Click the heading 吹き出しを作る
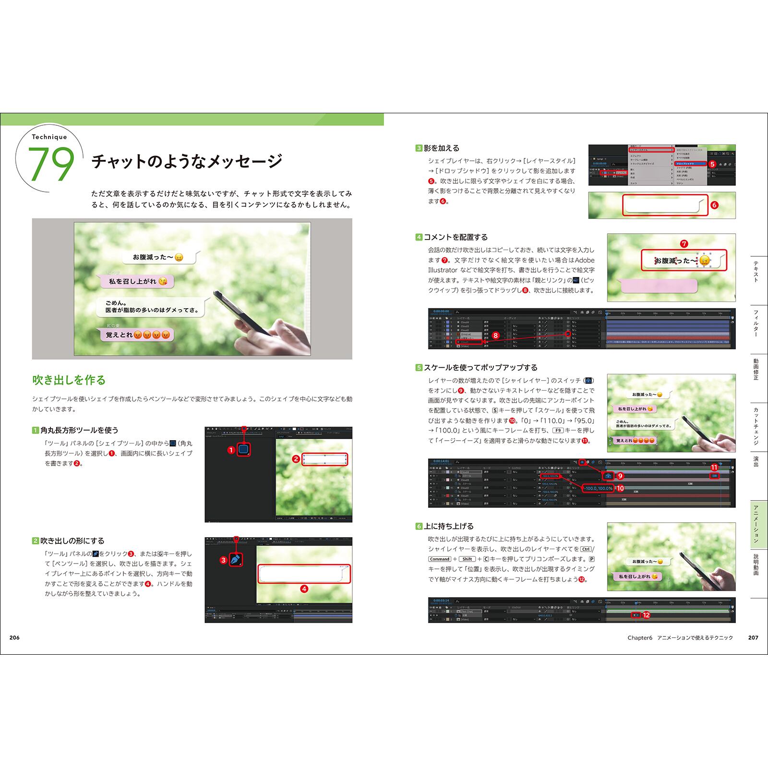pos(69,380)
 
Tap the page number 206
pos(14,637)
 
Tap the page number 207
pos(753,637)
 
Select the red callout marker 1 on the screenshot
pos(231,450)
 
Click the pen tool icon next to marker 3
pos(236,560)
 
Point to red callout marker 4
pos(304,589)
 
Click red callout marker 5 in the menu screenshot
pos(712,164)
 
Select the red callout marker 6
pos(714,205)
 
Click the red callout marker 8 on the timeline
pos(495,336)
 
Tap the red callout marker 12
pos(646,614)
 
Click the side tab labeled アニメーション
pos(756,524)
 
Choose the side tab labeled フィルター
pos(756,324)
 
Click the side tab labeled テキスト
pos(756,272)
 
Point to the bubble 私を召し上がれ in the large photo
pos(136,281)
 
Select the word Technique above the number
pos(49,137)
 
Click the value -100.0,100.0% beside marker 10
pos(598,488)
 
